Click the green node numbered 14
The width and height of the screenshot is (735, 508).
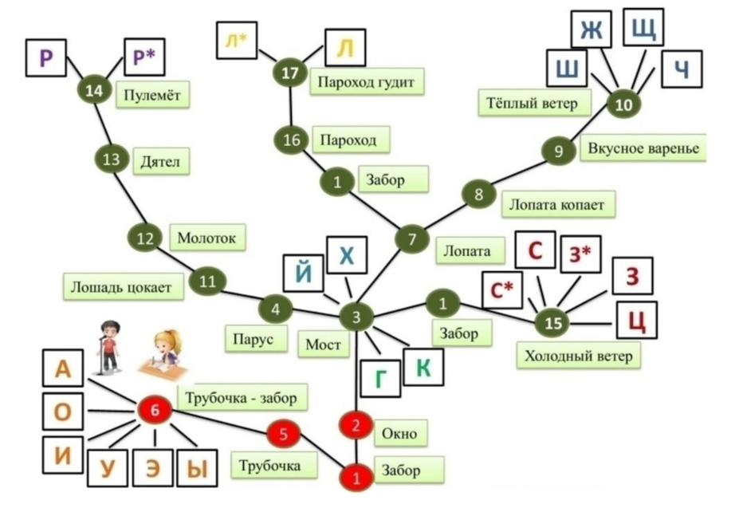(x=94, y=91)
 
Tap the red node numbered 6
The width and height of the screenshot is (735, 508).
(x=155, y=411)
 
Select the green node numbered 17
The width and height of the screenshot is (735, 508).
(x=289, y=74)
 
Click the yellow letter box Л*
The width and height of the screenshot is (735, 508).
(x=236, y=40)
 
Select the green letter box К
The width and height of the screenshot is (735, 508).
(x=424, y=368)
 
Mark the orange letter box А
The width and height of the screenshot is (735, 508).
(x=63, y=368)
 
